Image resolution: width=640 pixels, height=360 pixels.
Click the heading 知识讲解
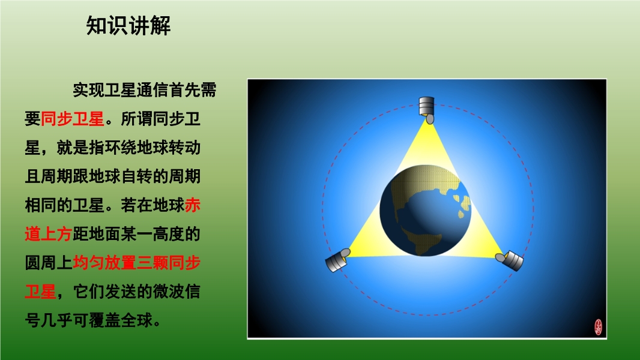pyautogui.click(x=128, y=26)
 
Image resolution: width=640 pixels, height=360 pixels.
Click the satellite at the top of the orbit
pyautogui.click(x=427, y=110)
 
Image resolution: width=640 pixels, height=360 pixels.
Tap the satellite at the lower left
pyautogui.click(x=337, y=260)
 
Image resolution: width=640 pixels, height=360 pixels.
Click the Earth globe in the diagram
pyautogui.click(x=425, y=211)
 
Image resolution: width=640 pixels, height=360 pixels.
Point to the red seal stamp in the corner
pyautogui.click(x=599, y=327)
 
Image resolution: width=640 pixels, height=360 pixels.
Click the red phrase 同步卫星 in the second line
pyautogui.click(x=73, y=119)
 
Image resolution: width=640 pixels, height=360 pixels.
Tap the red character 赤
pyautogui.click(x=193, y=205)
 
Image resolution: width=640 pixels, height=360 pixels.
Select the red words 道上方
pyautogui.click(x=49, y=234)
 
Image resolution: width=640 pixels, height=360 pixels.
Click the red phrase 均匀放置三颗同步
pyautogui.click(x=137, y=263)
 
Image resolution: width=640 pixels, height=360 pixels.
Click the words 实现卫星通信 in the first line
pyautogui.click(x=121, y=90)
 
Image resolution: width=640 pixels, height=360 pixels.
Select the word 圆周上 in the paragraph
pyautogui.click(x=49, y=263)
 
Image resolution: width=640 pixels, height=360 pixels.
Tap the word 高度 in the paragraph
pyautogui.click(x=169, y=234)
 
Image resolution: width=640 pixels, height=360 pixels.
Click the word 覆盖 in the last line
pyautogui.click(x=105, y=320)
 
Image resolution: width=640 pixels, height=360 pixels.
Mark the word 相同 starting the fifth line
pyautogui.click(x=40, y=205)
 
